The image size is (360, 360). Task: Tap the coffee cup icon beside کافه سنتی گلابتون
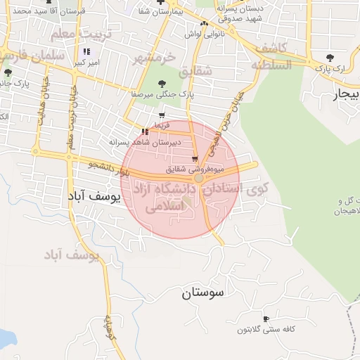point(266,319)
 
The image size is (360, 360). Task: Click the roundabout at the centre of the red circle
point(199,179)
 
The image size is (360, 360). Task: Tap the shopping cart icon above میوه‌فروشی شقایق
point(195,160)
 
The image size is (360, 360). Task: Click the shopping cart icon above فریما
point(162,115)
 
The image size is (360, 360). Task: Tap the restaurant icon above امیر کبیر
point(86,51)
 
